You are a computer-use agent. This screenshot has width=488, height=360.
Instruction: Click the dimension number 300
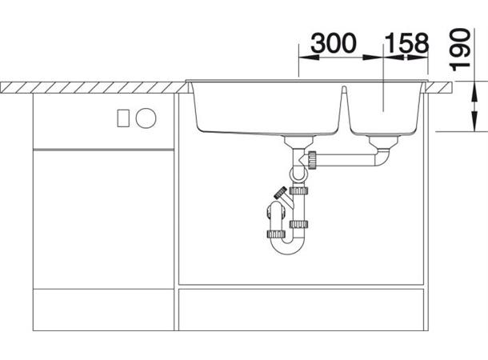click(x=334, y=42)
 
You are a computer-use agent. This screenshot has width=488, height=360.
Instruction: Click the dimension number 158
click(x=407, y=42)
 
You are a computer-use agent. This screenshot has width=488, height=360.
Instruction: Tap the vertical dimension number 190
click(x=460, y=50)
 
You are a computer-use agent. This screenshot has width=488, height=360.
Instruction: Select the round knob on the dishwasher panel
click(x=146, y=118)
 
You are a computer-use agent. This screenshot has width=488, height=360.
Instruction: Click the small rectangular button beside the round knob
click(x=123, y=118)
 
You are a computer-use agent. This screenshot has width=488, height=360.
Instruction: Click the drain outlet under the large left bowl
click(x=298, y=142)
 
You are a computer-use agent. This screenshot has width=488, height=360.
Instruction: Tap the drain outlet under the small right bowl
click(x=383, y=142)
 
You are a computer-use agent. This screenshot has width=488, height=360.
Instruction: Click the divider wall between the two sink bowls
click(x=343, y=109)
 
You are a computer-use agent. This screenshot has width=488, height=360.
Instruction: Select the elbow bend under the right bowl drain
click(x=383, y=157)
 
